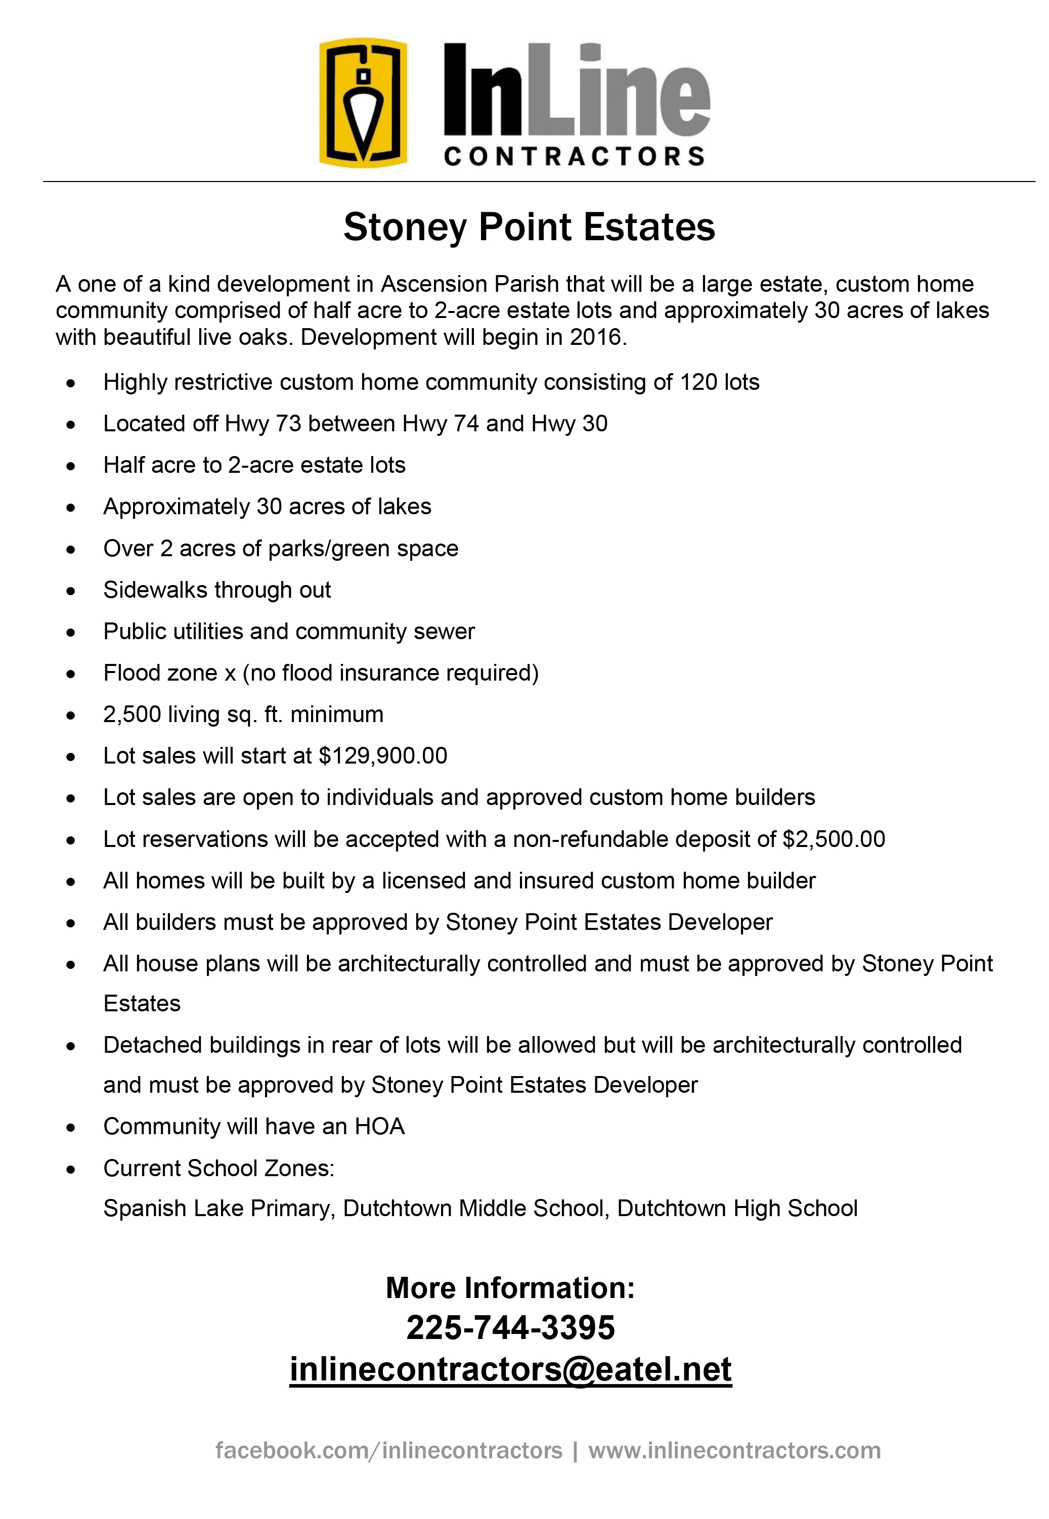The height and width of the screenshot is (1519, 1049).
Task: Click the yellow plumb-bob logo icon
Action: (363, 103)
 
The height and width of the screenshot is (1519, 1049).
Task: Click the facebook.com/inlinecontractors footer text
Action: (388, 1450)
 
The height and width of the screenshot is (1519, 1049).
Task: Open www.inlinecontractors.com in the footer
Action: (734, 1450)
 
